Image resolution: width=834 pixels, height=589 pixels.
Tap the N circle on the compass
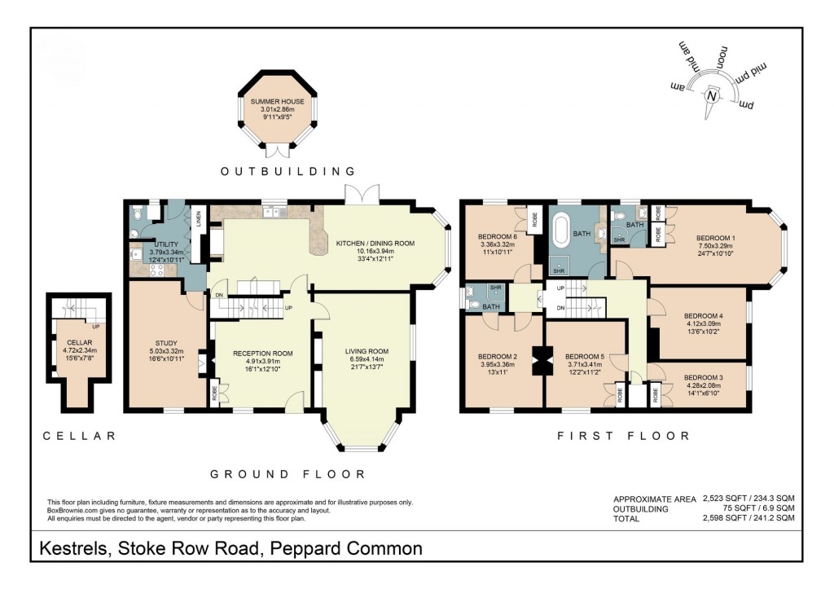[712, 95]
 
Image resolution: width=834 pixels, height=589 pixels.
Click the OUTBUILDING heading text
[289, 172]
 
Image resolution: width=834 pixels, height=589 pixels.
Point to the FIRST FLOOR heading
[623, 437]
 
